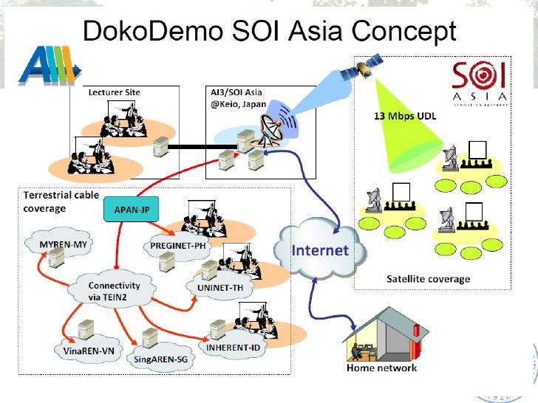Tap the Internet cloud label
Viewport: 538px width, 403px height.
pyautogui.click(x=320, y=249)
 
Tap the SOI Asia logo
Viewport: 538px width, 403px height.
pyautogui.click(x=479, y=82)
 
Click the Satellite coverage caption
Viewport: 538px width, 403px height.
pyautogui.click(x=428, y=278)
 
